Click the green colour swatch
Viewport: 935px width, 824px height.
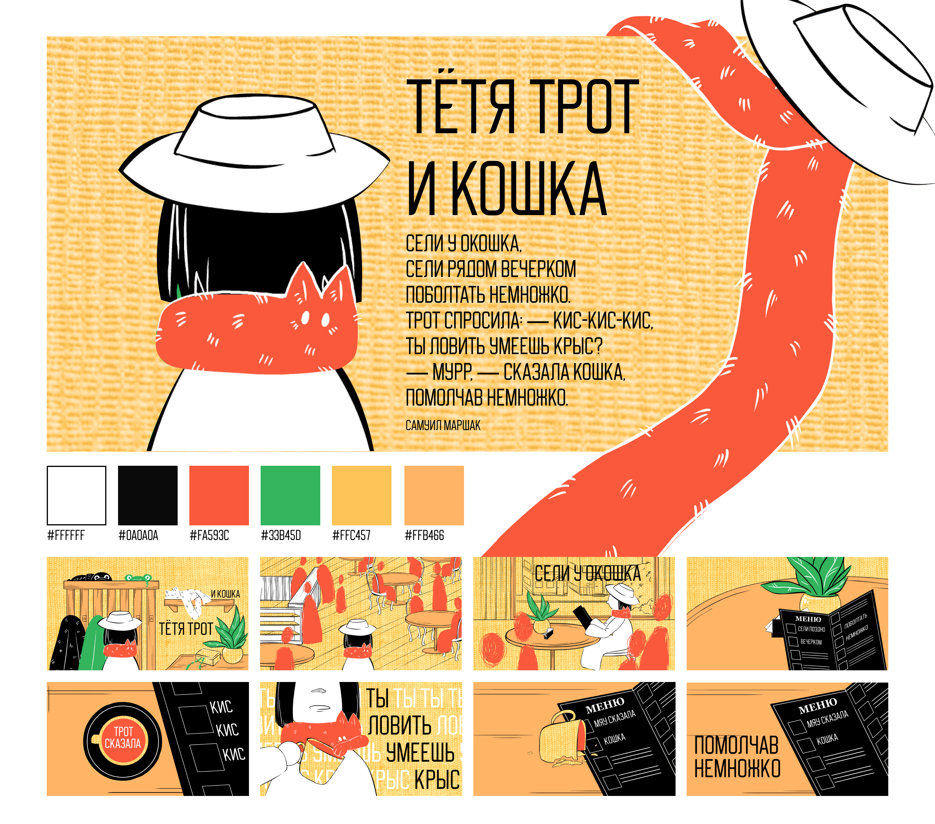click(x=290, y=496)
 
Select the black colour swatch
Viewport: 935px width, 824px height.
click(x=148, y=496)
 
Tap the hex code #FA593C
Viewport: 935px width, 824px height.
click(x=209, y=535)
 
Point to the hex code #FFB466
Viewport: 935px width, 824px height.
click(x=425, y=535)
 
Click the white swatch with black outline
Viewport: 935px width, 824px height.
click(x=76, y=496)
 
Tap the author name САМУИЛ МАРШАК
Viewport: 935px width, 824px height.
click(x=443, y=425)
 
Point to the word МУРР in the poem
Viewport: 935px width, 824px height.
click(x=452, y=373)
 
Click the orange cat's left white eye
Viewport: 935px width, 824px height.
click(x=305, y=317)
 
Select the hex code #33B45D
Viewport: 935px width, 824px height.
click(x=281, y=535)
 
